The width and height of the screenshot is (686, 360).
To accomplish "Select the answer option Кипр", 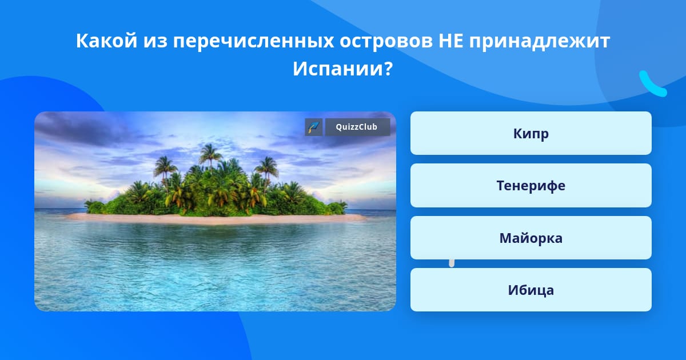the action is coord(531,133).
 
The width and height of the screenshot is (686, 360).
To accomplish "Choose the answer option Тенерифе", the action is coord(531,186).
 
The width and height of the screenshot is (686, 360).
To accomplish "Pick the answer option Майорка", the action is coord(531,238).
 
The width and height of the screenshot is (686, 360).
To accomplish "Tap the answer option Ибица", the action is coord(531,290).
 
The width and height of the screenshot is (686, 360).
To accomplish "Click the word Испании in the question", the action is coord(338,69).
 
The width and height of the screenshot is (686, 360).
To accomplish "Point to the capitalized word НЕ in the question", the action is coord(451,41).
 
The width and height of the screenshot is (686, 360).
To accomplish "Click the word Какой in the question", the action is coord(106,41).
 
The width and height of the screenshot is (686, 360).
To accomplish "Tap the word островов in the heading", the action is coord(386,42).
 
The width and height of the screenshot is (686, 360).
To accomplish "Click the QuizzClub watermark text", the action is coord(357,127).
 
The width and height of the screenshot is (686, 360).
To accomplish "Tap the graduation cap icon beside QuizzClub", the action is coord(314,127).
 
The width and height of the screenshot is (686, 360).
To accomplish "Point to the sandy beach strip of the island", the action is coord(216,218).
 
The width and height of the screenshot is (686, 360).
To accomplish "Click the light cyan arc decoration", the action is coord(651,85).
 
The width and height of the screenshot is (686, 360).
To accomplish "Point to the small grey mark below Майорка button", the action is coord(452,263).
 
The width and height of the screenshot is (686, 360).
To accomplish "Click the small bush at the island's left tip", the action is coord(93,207).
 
